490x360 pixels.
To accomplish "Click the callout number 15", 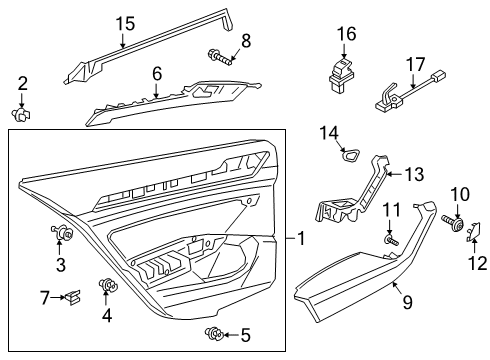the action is click(125, 24).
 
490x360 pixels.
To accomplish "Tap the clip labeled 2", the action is click(21, 114).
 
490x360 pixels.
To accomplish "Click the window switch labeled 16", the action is click(340, 75).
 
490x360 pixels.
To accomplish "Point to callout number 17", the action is click(416, 64).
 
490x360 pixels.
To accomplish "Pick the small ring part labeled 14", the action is click(351, 154).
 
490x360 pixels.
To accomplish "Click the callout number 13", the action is click(414, 174).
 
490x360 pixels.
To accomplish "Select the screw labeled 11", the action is click(391, 240).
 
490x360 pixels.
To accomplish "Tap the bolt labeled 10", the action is click(453, 222).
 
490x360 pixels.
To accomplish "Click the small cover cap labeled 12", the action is click(474, 232).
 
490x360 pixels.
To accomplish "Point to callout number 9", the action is click(408, 302).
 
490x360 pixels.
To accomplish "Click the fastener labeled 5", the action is click(214, 333).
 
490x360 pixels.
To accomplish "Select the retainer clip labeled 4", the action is click(108, 285).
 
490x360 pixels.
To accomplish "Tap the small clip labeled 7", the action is click(73, 297).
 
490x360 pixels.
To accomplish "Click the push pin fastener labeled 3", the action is click(62, 231).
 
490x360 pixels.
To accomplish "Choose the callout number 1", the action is click(301, 239).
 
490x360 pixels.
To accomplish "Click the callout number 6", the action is click(157, 74).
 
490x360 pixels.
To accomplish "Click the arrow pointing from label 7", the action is click(59, 297).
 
